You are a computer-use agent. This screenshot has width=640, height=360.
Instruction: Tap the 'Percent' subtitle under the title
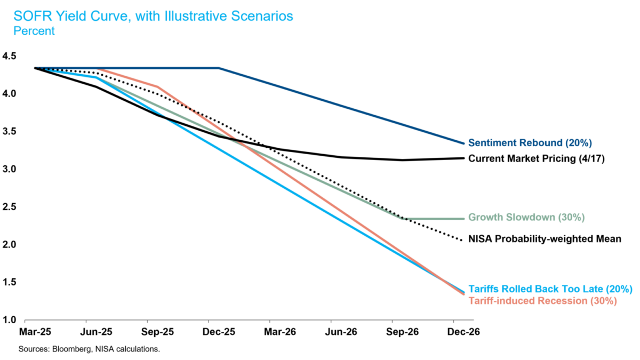coord(34,31)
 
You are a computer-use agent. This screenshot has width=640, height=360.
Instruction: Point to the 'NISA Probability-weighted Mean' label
coord(545,239)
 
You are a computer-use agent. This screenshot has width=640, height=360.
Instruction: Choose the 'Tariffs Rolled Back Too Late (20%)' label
coord(550,289)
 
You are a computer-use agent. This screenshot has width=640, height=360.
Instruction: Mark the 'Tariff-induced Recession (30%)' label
coord(542,301)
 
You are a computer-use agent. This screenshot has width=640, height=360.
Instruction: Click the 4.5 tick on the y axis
coord(9,56)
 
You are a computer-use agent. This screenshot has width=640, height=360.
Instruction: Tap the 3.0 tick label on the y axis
coord(9,169)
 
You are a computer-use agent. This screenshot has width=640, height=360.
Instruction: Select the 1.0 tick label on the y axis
coord(9,320)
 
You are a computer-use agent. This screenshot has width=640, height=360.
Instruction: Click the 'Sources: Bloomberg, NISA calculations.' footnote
coord(89,349)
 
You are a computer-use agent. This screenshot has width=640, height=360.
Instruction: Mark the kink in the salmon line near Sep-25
coord(158,86)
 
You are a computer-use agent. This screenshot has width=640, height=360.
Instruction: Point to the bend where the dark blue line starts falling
coord(219,68)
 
